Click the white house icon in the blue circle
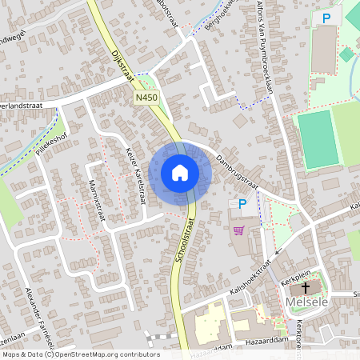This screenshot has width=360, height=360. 180,172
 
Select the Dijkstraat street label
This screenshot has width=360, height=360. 117,61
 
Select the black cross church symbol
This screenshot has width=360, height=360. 306,287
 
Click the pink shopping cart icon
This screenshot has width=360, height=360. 238,230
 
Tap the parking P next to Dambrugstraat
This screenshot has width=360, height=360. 242,204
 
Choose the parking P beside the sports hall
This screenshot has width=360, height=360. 326,18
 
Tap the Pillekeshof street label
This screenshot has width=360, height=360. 46,144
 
